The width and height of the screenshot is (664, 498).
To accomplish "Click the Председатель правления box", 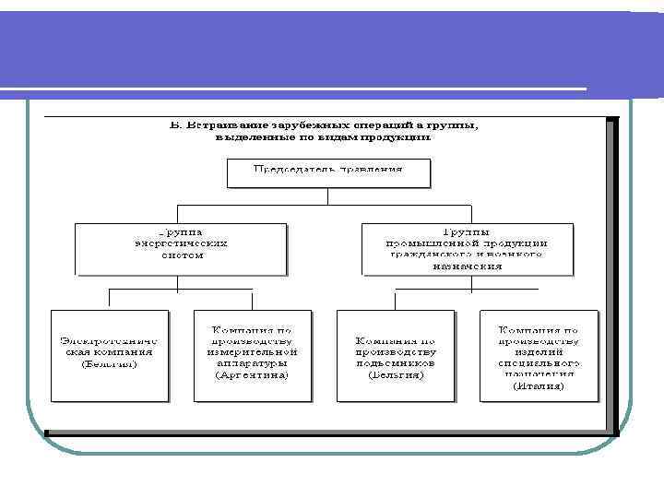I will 328,172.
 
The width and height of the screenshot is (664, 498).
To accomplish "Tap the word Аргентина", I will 252,375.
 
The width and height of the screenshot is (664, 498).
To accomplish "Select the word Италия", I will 539,386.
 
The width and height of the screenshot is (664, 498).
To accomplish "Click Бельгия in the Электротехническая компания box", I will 109,363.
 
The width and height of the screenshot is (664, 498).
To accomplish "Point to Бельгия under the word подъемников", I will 395,375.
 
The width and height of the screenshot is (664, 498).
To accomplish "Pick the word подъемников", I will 396,363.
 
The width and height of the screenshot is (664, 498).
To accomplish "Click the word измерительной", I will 252,351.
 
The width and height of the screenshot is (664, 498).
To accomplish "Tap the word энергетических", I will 181,243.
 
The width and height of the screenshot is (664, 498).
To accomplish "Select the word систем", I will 181,255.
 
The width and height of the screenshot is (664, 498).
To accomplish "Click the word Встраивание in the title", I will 228,125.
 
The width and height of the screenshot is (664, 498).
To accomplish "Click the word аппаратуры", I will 252,363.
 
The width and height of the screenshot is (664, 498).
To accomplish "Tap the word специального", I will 539,362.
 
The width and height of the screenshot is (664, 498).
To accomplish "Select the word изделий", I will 539,351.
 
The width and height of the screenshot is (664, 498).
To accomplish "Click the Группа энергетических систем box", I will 181,248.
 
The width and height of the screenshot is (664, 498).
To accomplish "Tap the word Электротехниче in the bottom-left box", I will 109,339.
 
